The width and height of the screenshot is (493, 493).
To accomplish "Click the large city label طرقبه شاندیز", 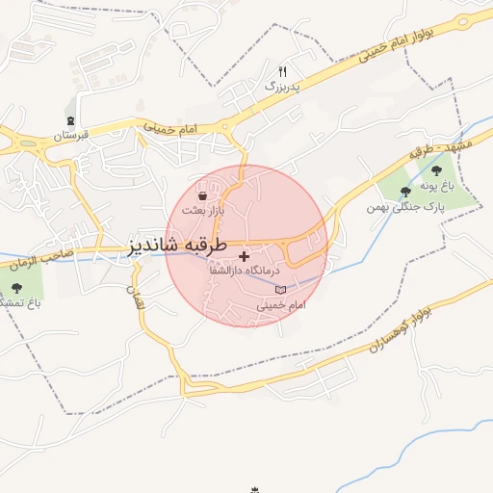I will (178, 246).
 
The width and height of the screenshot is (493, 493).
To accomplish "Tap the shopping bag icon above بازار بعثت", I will (201, 195).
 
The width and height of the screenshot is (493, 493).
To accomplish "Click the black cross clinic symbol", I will (244, 256).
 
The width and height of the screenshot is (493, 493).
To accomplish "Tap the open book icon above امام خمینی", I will (280, 290).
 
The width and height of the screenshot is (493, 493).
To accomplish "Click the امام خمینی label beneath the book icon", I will (280, 304).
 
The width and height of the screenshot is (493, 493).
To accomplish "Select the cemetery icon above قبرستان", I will (71, 121).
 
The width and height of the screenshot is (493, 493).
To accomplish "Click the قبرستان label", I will (70, 136).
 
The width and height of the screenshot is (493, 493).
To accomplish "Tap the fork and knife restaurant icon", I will (282, 71).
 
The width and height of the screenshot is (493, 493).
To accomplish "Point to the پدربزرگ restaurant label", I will (283, 86).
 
